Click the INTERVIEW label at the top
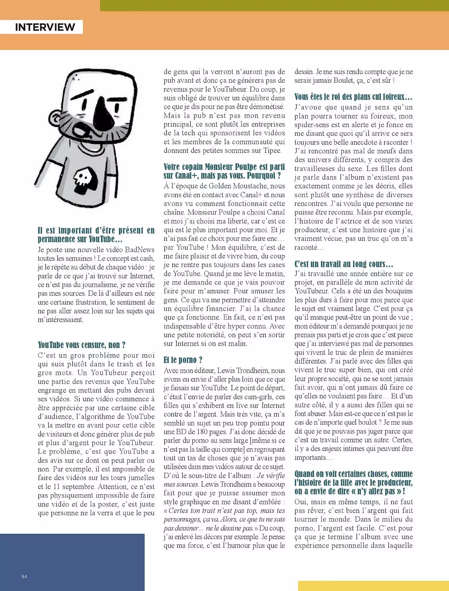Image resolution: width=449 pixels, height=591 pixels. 45,27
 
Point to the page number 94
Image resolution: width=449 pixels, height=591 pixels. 24,576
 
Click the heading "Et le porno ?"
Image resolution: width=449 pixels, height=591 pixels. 183,360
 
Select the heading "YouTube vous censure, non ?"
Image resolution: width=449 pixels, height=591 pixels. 81,345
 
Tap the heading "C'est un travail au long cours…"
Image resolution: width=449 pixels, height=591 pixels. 343,264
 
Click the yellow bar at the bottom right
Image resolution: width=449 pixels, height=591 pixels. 373,586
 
